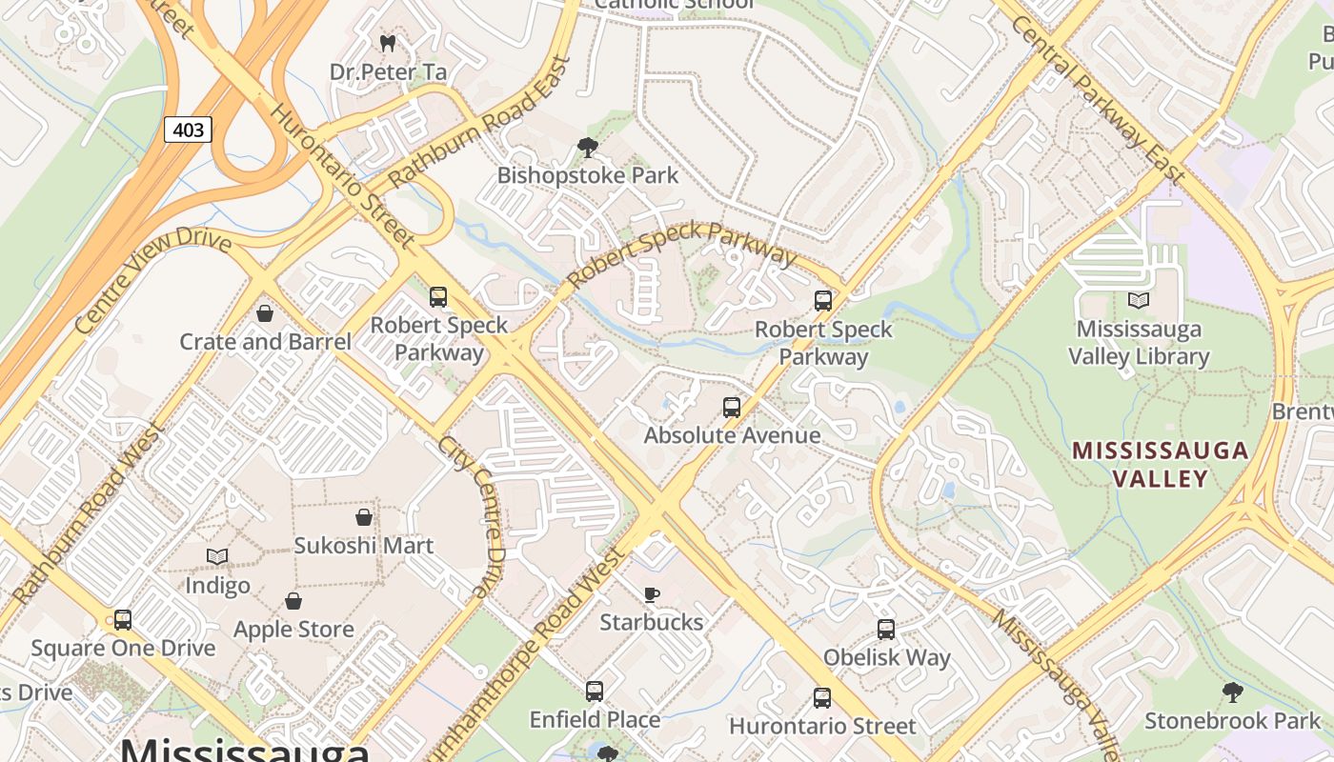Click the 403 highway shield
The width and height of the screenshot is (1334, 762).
[x=188, y=129]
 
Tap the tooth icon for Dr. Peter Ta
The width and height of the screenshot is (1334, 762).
[x=387, y=43]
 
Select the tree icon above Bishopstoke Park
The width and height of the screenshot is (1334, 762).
[x=588, y=148]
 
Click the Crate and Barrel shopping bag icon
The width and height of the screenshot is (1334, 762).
[x=265, y=313]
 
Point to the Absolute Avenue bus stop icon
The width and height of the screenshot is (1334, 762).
[x=732, y=408]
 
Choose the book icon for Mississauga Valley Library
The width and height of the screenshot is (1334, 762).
[x=1139, y=301]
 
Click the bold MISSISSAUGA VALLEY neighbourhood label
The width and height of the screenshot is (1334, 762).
[x=1161, y=464]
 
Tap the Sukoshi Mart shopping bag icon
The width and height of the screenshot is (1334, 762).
[x=363, y=517]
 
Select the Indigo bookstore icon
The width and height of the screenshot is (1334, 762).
[x=217, y=556]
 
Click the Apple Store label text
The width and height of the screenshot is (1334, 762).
[x=293, y=630]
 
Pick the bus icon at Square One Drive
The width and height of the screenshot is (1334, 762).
[x=123, y=620]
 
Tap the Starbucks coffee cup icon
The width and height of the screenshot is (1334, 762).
[x=652, y=594]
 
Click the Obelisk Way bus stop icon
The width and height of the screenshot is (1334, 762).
[x=886, y=630]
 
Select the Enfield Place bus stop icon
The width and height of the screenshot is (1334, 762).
[x=595, y=692]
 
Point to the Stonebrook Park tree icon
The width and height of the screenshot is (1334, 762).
[x=1233, y=692]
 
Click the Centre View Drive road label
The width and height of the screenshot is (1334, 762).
[x=152, y=280]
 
